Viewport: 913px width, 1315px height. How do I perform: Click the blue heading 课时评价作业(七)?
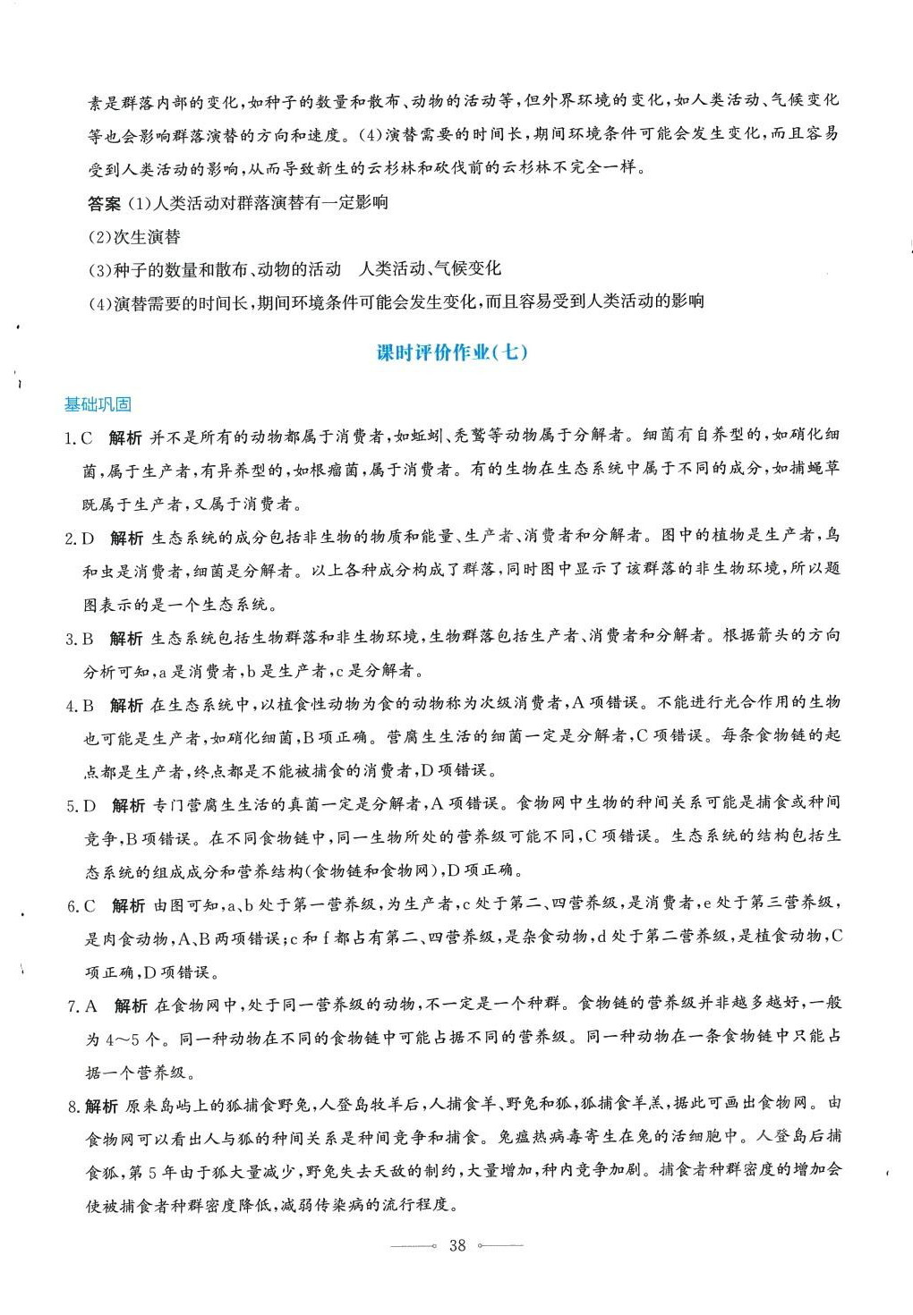[452, 352]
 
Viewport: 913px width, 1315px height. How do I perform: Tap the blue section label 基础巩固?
[98, 404]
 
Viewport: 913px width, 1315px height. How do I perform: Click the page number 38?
[457, 1245]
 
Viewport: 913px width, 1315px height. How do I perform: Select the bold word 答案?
[104, 204]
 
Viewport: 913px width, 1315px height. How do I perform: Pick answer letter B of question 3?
[89, 638]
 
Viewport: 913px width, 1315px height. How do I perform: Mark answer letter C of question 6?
[90, 906]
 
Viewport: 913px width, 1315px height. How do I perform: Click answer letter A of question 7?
[91, 1006]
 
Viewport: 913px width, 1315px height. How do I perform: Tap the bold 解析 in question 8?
[101, 1107]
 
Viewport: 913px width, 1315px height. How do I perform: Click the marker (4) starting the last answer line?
[99, 302]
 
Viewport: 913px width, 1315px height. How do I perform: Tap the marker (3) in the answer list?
[99, 269]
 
